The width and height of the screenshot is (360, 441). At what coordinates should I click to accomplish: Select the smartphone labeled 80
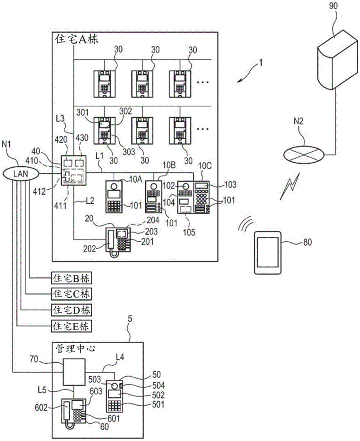tap(267, 254)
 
